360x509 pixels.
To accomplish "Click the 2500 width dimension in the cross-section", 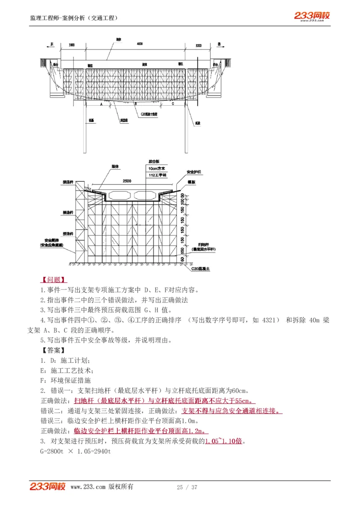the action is click(126, 181).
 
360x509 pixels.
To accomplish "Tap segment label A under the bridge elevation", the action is click(102, 103).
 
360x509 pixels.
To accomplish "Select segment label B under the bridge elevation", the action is click(135, 103).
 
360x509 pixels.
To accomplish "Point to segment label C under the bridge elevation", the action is click(172, 103).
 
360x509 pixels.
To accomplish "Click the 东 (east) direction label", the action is click(52, 45).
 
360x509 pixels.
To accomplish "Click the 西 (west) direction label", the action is click(219, 45).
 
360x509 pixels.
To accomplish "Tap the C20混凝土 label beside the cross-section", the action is click(200, 268).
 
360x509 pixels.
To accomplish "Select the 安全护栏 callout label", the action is click(194, 172).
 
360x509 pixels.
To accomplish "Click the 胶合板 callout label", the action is click(154, 161).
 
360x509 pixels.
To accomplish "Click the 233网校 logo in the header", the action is click(312, 16).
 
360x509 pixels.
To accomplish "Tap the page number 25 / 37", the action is click(187, 487).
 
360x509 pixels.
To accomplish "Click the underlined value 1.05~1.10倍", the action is click(224, 441).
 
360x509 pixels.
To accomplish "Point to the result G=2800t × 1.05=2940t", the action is click(76, 451).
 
